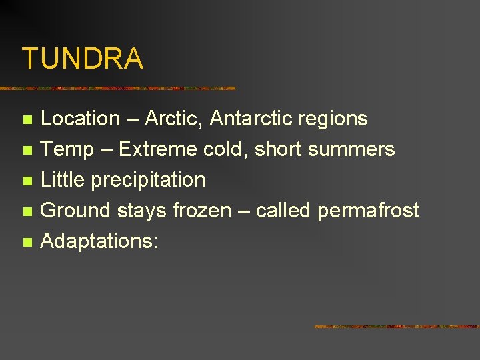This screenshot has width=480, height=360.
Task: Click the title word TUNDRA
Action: (x=82, y=59)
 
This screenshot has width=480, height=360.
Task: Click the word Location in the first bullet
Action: (x=80, y=119)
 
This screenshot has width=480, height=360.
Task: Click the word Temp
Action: (x=67, y=149)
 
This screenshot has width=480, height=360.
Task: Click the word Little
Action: (x=63, y=180)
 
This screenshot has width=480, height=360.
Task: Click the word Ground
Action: (x=76, y=211)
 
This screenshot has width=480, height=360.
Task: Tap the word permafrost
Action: (x=368, y=211)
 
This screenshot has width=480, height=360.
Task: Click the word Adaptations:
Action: (x=99, y=241)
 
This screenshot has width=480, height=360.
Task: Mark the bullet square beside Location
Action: (x=27, y=120)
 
